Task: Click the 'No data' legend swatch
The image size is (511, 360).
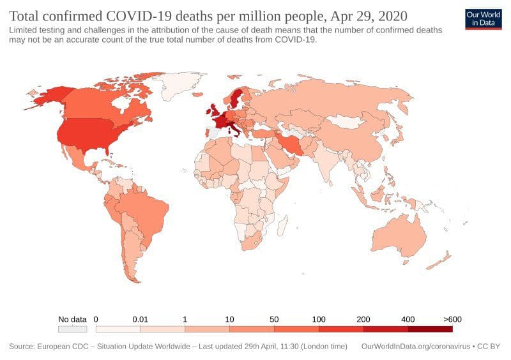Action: point(72,329)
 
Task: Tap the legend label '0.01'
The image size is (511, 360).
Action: point(140,319)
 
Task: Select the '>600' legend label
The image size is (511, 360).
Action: point(452,319)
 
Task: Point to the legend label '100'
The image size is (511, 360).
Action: point(319,319)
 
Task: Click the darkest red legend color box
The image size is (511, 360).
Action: point(430,329)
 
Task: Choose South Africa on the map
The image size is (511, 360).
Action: point(252,241)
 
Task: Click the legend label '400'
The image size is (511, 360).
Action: point(408,319)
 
